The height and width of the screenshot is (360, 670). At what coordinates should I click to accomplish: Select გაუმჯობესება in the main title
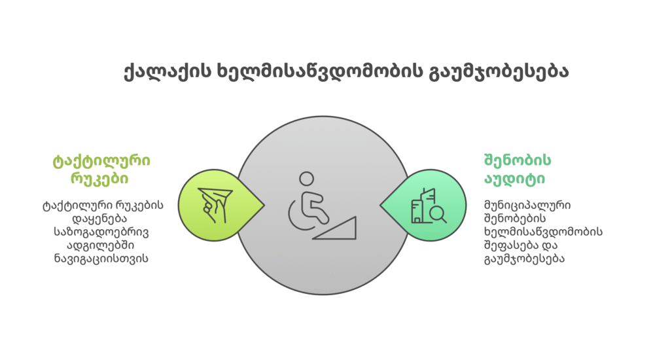click(x=498, y=72)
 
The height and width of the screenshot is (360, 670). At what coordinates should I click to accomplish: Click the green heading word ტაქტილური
click(x=101, y=162)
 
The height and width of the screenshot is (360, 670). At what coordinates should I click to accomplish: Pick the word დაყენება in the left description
click(x=99, y=219)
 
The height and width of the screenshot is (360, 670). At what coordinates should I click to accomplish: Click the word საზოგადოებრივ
click(x=101, y=232)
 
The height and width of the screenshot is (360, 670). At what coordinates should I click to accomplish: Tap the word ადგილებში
click(x=100, y=245)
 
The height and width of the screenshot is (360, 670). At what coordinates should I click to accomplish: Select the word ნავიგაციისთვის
click(x=101, y=259)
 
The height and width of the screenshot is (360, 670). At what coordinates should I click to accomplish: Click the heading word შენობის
click(x=518, y=161)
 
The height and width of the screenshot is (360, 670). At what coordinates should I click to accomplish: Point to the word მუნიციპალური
click(x=527, y=206)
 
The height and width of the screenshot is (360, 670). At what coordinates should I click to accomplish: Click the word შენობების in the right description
click(x=515, y=219)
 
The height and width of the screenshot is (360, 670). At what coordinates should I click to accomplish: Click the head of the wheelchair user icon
click(x=306, y=179)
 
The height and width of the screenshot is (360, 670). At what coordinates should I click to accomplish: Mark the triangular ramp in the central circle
click(x=335, y=228)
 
